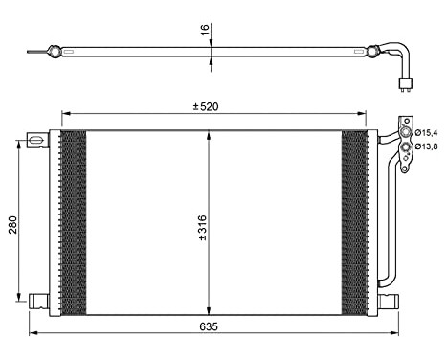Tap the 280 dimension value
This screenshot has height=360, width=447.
click(11, 225)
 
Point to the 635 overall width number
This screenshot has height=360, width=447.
click(210, 326)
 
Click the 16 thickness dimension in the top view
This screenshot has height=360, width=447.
click(203, 30)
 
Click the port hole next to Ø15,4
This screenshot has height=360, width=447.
click(407, 130)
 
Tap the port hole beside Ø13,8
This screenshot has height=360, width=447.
click(407, 145)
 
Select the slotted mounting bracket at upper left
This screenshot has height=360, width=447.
click(35, 140)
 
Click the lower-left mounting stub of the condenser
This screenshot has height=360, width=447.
click(38, 301)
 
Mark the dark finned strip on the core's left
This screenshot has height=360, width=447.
click(73, 222)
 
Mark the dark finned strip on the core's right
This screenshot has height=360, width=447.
click(354, 222)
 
